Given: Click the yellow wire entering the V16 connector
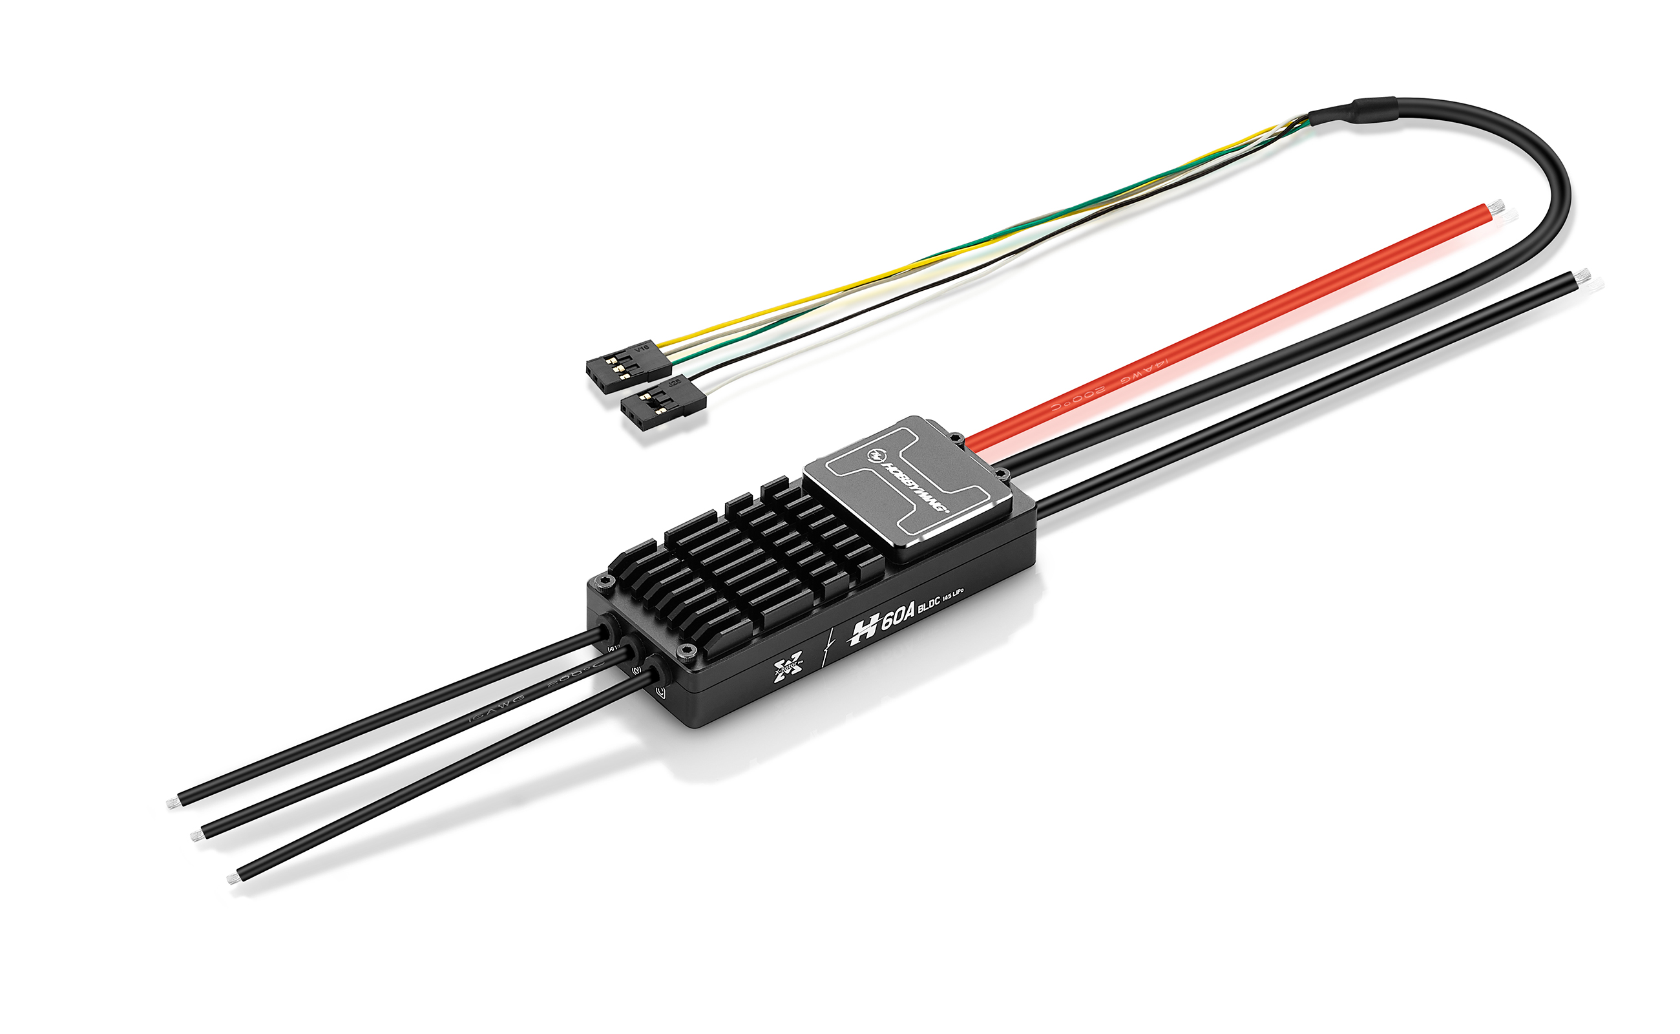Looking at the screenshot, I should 684,339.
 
